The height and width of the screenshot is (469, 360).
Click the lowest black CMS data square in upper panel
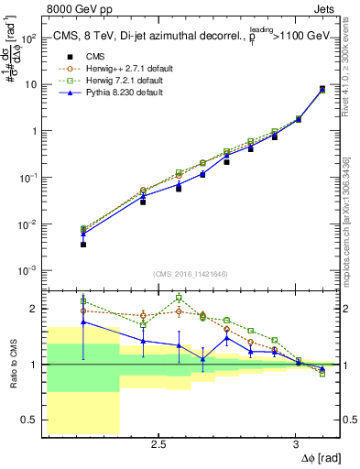(x=83, y=245)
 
